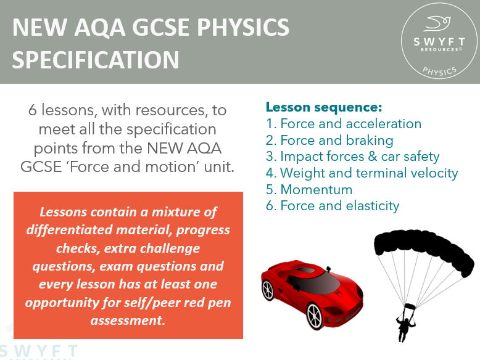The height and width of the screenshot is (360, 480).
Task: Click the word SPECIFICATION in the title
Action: [x=96, y=60]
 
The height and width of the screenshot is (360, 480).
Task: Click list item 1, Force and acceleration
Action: [x=344, y=123]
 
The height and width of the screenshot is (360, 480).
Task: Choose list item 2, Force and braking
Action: [x=329, y=140]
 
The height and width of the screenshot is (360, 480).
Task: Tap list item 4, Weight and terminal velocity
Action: [x=362, y=173]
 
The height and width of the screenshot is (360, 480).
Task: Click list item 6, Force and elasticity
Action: [x=333, y=206]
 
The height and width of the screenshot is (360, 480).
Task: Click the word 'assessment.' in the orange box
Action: [x=128, y=321]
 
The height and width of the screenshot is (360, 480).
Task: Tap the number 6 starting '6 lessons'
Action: [x=33, y=110]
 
